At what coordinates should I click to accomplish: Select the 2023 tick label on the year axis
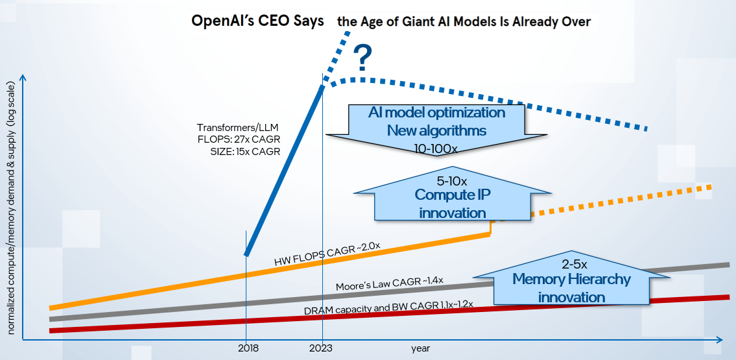(321, 348)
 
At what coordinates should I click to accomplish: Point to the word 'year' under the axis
(420, 348)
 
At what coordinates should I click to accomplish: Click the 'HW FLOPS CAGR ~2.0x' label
(327, 254)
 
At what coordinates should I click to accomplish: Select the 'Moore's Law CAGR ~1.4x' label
(389, 283)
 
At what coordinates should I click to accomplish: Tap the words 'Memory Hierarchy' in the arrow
(571, 280)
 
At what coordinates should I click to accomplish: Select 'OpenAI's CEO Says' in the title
(257, 21)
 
